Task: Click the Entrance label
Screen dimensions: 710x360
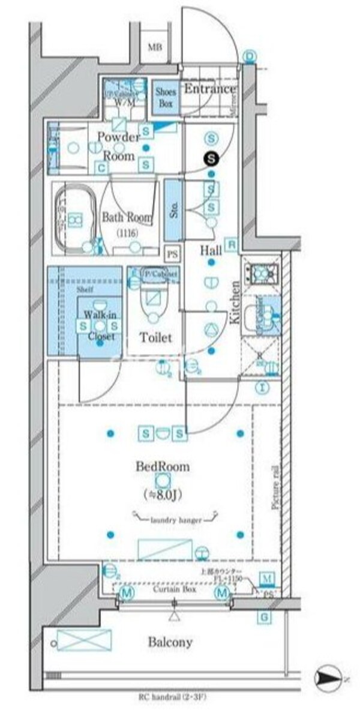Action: click(x=209, y=89)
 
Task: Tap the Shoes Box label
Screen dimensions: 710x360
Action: click(x=165, y=98)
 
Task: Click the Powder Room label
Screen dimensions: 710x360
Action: click(x=118, y=146)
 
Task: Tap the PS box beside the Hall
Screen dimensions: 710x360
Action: click(x=173, y=253)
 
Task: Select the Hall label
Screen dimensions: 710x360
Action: click(x=212, y=250)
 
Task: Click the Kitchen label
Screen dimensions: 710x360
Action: click(x=235, y=302)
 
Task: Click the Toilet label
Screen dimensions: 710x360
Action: click(x=155, y=337)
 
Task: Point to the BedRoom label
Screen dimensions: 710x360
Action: click(x=162, y=466)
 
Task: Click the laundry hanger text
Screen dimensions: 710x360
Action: click(x=176, y=520)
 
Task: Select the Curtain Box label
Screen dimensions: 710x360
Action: click(x=173, y=590)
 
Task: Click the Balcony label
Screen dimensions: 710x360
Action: click(x=170, y=642)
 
